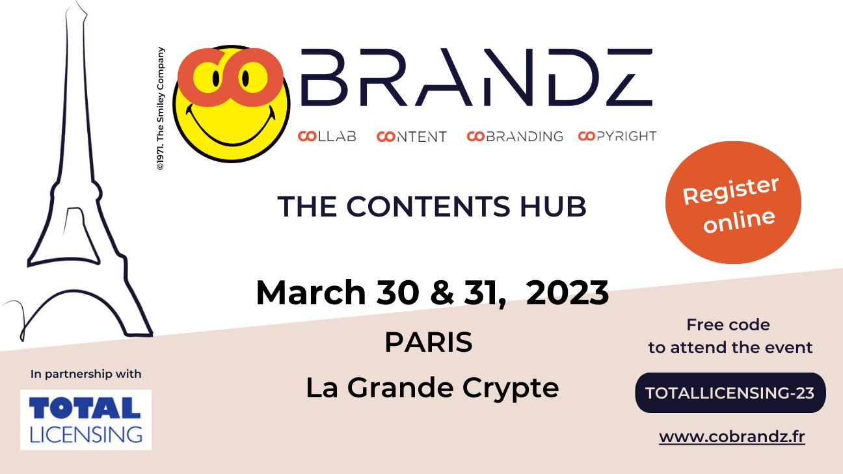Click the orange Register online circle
733,202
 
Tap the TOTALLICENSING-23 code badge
730,393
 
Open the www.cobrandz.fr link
732,437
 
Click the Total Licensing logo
86,419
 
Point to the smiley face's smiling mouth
231,128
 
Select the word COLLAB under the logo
327,136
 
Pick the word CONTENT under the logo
412,136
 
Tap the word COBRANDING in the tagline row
515,136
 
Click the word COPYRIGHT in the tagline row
617,136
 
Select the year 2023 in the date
567,293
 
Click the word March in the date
311,293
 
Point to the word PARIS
428,342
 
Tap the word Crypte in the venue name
511,389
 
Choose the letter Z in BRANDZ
629,77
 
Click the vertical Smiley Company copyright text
161,109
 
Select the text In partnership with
86,375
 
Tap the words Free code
728,324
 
